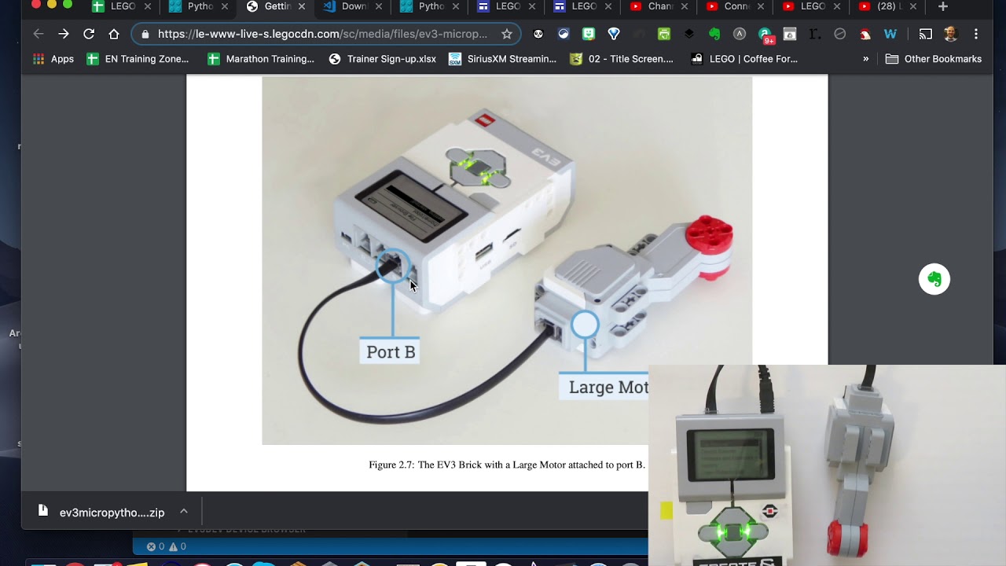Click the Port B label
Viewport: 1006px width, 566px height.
tap(391, 351)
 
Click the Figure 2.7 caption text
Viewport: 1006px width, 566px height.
tap(506, 465)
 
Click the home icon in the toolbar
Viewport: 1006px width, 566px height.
tap(114, 34)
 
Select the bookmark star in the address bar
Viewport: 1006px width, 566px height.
tap(507, 34)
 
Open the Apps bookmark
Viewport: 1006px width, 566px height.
tap(53, 59)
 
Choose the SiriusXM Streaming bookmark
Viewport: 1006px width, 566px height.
tap(502, 59)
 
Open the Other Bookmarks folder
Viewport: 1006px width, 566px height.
tap(933, 59)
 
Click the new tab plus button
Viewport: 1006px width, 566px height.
tap(943, 6)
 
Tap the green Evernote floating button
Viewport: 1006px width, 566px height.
tap(934, 279)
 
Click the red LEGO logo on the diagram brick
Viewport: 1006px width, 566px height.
tap(485, 120)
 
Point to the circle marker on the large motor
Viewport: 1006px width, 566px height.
tap(585, 325)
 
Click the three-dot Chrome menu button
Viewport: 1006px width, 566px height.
tap(976, 34)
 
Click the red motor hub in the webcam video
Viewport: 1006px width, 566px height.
tap(847, 538)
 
